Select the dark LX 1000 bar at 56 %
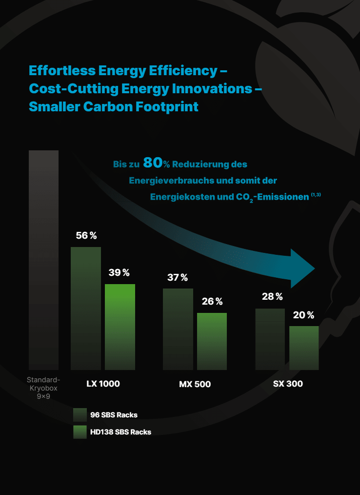pyautogui.click(x=86, y=308)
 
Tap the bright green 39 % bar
pyautogui.click(x=120, y=327)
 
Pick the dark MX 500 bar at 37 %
pyautogui.click(x=178, y=329)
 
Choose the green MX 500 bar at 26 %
pyautogui.click(x=212, y=341)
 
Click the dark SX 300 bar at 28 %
pyautogui.click(x=270, y=339)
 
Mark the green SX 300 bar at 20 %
pyautogui.click(x=304, y=348)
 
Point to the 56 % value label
pyautogui.click(x=86, y=236)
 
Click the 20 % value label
pyautogui.click(x=303, y=315)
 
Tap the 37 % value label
pyautogui.click(x=178, y=278)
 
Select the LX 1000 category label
pyautogui.click(x=103, y=384)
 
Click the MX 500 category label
pyautogui.click(x=195, y=384)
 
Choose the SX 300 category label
pyautogui.click(x=288, y=384)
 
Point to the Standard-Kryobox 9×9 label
pyautogui.click(x=43, y=388)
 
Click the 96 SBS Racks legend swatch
pyautogui.click(x=80, y=415)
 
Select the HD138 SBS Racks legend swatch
pyautogui.click(x=80, y=432)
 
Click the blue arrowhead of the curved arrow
pyautogui.click(x=303, y=268)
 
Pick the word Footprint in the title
pyautogui.click(x=168, y=106)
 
